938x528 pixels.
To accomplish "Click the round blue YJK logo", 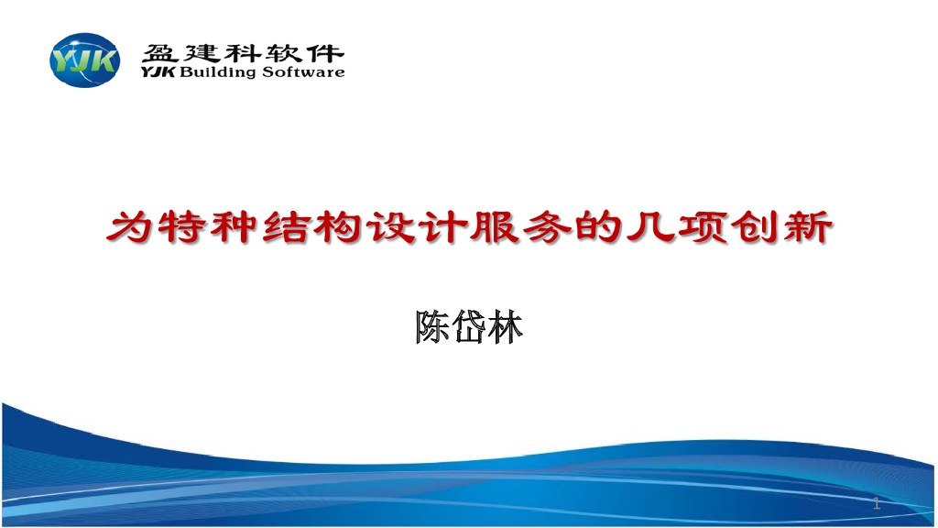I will pos(84,60).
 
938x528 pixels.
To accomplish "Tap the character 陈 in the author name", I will pos(432,326).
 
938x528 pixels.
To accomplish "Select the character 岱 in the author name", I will pos(468,326).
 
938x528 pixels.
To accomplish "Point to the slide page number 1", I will pos(877,502).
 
